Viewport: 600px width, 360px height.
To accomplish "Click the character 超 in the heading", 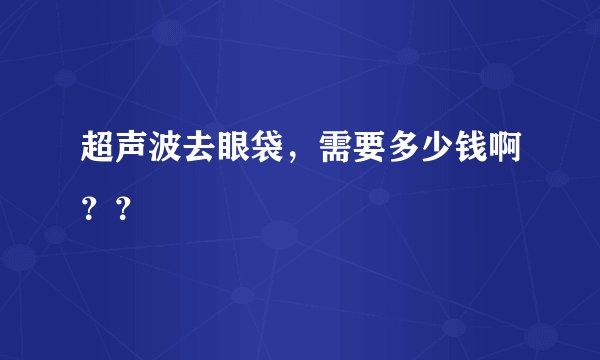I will (x=98, y=154).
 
